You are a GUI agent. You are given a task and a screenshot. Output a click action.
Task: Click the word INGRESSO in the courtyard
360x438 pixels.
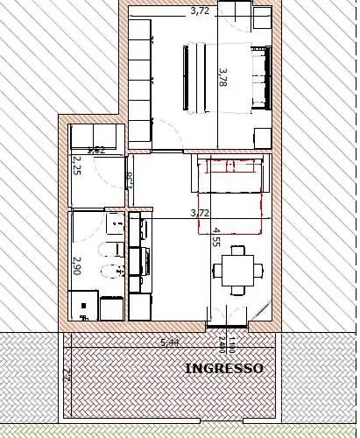click(224, 369)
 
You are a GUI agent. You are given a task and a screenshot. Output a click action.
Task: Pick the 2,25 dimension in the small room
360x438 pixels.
click(76, 166)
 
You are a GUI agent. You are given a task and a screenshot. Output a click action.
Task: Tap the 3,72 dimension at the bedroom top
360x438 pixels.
click(200, 11)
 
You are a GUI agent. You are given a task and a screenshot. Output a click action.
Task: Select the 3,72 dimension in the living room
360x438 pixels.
click(200, 213)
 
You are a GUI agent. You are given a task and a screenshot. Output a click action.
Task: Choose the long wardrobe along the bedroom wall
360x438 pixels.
click(141, 74)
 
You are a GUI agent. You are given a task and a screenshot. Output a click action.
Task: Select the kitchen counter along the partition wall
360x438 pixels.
click(139, 263)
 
